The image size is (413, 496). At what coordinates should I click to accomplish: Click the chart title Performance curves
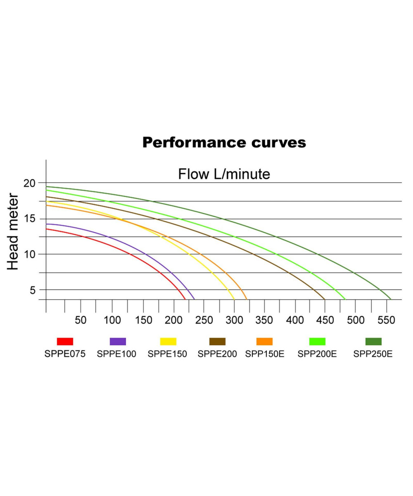pos(224,143)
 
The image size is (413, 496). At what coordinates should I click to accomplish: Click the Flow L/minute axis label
pos(224,174)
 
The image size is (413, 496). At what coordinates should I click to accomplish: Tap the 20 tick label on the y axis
pos(30,183)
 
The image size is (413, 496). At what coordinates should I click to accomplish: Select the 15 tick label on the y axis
pos(30,219)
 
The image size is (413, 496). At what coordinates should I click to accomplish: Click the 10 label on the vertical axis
pos(30,254)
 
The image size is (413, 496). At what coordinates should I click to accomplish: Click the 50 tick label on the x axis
pos(80,320)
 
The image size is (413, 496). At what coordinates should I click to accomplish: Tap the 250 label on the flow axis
pos(204,320)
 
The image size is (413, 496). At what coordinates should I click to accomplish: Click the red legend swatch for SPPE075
pos(65,341)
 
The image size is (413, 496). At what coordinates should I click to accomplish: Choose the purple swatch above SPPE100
pos(118,341)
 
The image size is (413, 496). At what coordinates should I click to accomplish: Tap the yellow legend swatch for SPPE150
pos(168,341)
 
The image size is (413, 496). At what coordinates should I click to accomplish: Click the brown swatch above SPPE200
pos(217,341)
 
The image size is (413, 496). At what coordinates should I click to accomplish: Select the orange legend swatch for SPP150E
pos(264,341)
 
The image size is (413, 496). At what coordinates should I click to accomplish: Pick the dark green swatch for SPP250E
pos(373,341)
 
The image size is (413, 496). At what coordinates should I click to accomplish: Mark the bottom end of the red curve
pos(185,298)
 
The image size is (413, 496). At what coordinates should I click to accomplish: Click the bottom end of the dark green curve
pos(390,298)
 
